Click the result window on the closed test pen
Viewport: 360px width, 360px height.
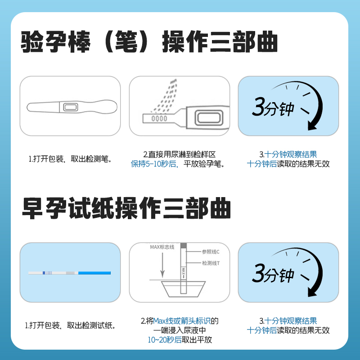coord(71,107)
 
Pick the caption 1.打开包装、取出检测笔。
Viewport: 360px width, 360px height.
coord(70,159)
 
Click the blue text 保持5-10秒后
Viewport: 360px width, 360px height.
coord(150,164)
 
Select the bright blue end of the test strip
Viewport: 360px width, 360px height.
coord(95,273)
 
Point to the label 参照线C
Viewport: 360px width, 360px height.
coord(211,252)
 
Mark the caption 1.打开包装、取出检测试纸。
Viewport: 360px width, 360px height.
coord(70,325)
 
